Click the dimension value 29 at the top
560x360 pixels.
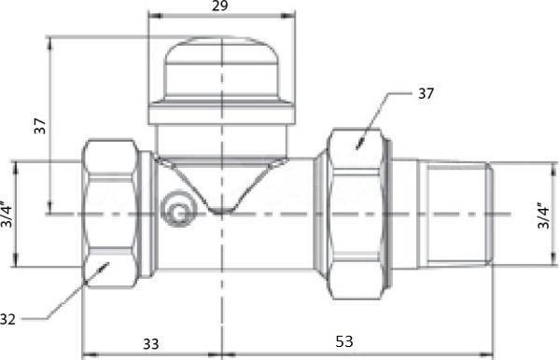tap(219, 6)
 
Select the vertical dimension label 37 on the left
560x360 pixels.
tap(40, 126)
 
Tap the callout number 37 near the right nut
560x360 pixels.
tap(426, 93)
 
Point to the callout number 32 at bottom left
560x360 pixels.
tap(7, 319)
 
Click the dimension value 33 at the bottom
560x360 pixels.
tap(150, 344)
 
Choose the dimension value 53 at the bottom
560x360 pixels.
tap(344, 341)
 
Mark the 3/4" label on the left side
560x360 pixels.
tap(7, 215)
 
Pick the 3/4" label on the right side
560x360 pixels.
tap(543, 215)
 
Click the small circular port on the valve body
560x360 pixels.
tap(178, 209)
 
